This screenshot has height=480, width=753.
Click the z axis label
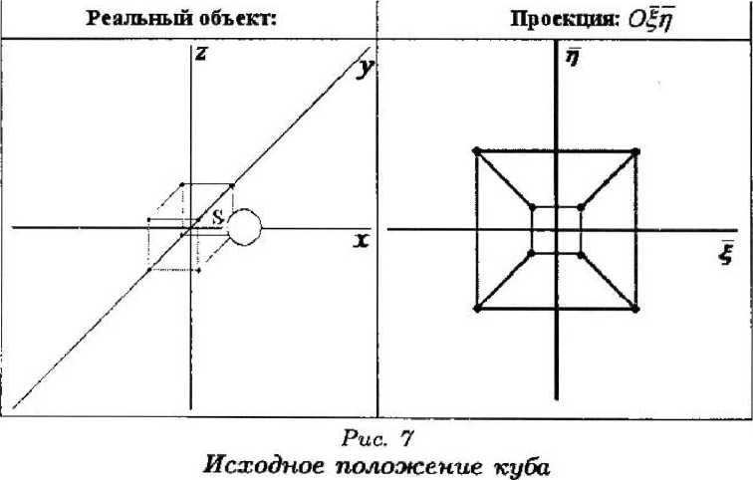(200, 56)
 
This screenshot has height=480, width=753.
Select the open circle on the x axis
(244, 229)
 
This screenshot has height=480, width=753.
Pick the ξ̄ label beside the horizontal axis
(726, 253)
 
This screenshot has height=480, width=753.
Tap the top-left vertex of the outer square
(476, 150)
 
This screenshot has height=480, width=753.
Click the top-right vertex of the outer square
(635, 151)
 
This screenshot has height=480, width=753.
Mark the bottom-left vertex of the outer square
(477, 311)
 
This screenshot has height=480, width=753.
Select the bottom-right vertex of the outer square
(635, 311)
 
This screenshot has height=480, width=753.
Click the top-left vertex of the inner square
(532, 207)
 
